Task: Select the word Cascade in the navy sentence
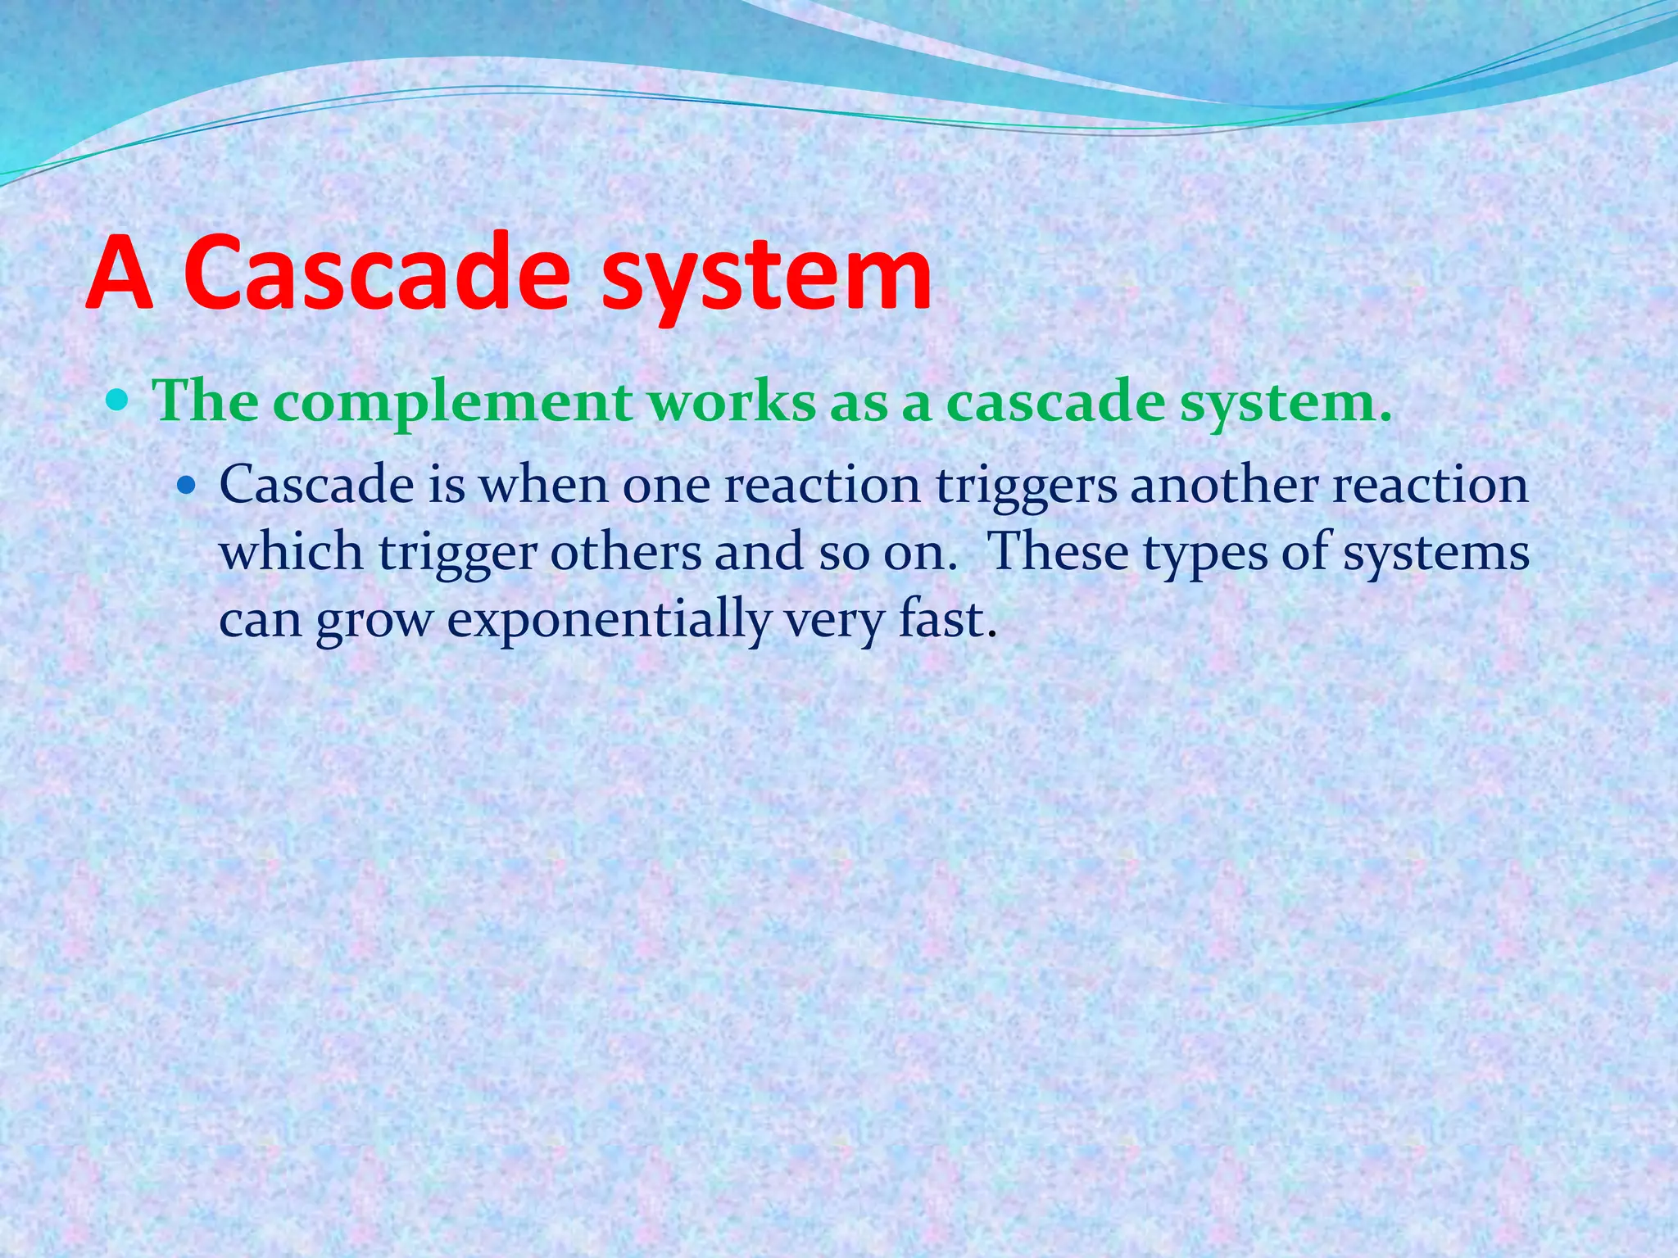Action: [316, 485]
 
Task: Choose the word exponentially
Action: [609, 620]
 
